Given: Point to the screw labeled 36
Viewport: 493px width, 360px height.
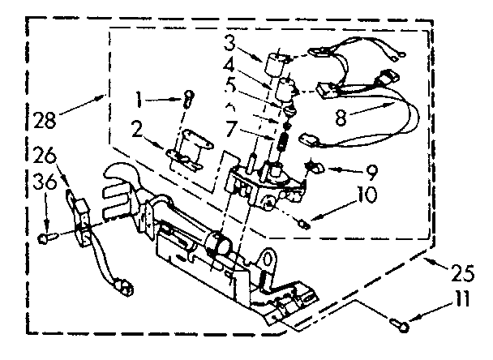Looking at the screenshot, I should tap(45, 238).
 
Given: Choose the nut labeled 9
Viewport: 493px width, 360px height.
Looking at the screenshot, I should tap(311, 169).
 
